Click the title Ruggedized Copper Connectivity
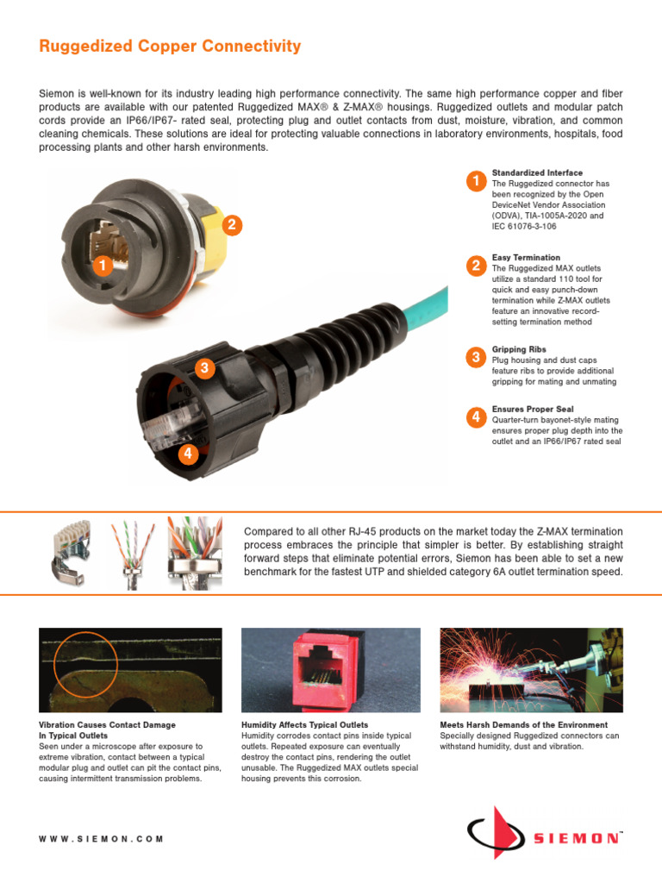(x=170, y=47)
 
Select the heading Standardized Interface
(x=537, y=173)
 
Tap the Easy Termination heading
(x=526, y=258)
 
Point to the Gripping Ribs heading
(x=520, y=349)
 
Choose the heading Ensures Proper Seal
(x=532, y=409)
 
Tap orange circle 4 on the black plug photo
(x=187, y=454)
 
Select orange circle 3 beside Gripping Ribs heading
(x=475, y=357)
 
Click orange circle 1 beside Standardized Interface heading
(x=475, y=181)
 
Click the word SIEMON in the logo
(x=576, y=838)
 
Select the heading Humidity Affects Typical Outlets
(x=304, y=725)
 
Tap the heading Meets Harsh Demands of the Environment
(x=523, y=725)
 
